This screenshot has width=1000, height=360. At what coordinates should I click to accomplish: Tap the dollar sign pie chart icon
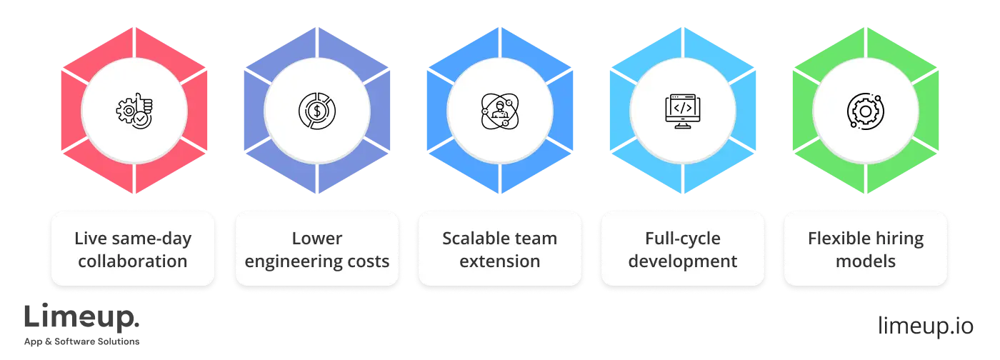316,111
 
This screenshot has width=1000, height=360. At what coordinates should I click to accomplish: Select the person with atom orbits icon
499,111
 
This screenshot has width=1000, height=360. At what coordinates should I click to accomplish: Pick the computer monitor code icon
682,111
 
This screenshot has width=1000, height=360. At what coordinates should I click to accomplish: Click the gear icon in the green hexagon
865,111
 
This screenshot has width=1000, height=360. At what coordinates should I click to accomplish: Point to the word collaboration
133,261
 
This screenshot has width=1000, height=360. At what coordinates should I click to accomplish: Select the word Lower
316,238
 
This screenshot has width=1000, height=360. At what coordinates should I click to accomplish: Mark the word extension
499,261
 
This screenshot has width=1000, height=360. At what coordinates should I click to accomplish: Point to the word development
682,261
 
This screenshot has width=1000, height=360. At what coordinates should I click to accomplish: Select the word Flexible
839,238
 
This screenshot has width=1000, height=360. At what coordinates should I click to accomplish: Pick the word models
865,261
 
